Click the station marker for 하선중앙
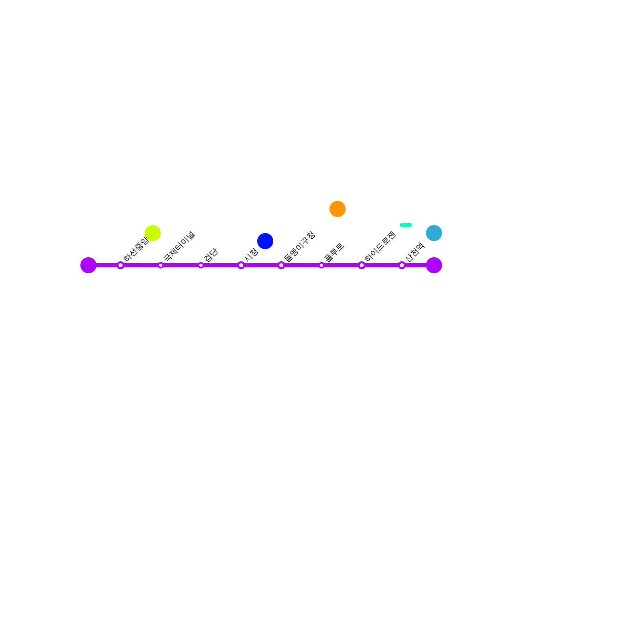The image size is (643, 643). click(x=121, y=265)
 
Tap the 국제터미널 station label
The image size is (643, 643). click(x=179, y=246)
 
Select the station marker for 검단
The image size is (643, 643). click(x=201, y=265)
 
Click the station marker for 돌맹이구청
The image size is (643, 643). click(x=281, y=265)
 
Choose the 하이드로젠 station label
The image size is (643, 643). click(x=380, y=246)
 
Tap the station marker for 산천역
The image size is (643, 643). click(x=402, y=265)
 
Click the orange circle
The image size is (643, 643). click(x=338, y=209)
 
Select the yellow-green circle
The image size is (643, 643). click(x=153, y=233)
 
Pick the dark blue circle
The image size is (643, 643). click(x=265, y=241)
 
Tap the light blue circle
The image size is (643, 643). click(x=434, y=233)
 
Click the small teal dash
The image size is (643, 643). click(x=406, y=225)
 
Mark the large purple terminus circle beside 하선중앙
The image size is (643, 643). click(x=88, y=265)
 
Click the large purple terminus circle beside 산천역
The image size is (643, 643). click(x=434, y=265)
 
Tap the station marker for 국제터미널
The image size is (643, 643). click(x=161, y=265)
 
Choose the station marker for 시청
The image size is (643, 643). click(x=241, y=265)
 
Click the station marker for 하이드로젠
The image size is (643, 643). click(x=362, y=265)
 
